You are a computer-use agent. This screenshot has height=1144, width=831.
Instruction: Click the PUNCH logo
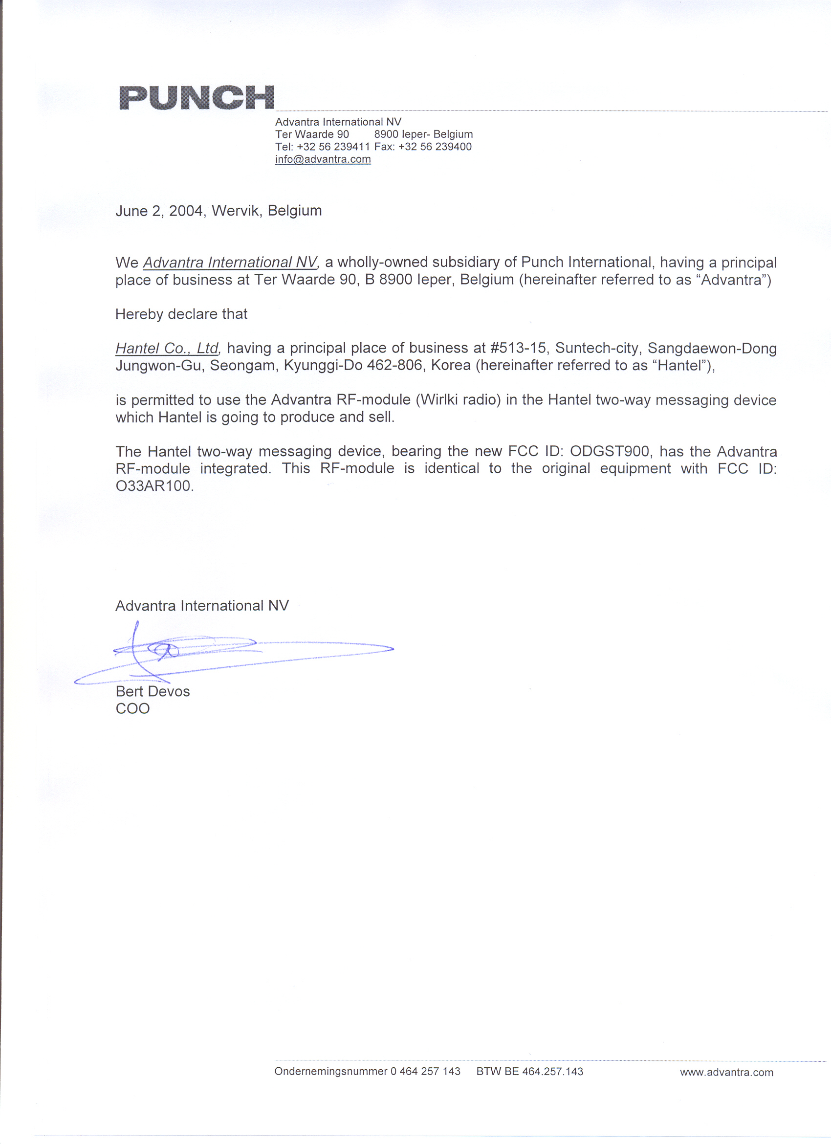197,97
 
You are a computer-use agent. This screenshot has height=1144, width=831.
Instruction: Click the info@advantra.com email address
323,159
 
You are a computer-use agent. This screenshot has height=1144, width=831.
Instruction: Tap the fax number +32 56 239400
435,147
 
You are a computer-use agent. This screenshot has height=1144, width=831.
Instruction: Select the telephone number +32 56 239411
333,147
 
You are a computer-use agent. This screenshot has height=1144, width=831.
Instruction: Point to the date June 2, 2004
160,211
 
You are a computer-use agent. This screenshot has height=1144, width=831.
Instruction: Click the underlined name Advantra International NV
230,263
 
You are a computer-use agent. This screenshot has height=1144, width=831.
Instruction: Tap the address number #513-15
518,348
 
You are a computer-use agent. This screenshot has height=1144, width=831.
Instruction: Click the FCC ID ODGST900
610,451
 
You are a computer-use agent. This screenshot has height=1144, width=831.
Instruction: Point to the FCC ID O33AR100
154,486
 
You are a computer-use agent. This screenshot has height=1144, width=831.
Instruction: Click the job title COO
132,709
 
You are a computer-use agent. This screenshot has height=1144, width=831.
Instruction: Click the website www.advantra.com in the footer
726,1072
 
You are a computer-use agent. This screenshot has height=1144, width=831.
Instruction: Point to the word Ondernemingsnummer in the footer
331,1071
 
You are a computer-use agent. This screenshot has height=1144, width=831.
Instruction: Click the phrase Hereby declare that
181,314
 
